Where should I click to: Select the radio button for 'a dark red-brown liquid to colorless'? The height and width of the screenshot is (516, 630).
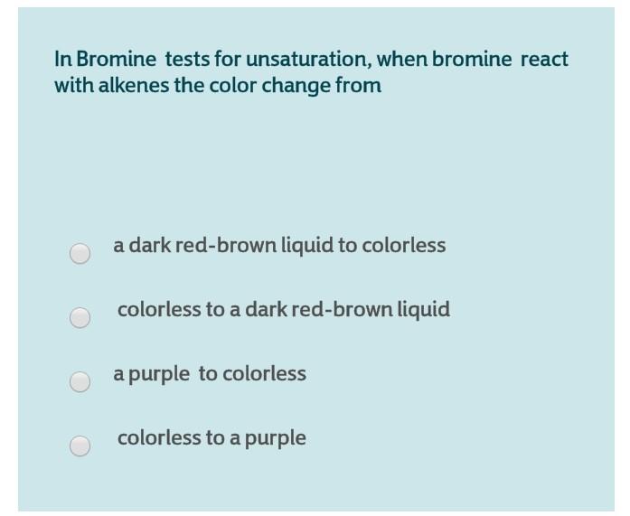pyautogui.click(x=80, y=253)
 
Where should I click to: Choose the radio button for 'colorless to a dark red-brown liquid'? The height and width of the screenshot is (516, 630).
pyautogui.click(x=80, y=317)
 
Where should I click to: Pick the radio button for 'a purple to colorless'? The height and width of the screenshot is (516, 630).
pyautogui.click(x=80, y=381)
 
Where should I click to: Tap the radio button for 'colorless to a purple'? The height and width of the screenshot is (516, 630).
pyautogui.click(x=80, y=446)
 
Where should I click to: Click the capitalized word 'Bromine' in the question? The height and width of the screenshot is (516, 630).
pyautogui.click(x=115, y=60)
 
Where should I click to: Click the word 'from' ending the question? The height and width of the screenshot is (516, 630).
pyautogui.click(x=361, y=86)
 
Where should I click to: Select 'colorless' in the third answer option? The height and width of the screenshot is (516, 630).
pyautogui.click(x=264, y=374)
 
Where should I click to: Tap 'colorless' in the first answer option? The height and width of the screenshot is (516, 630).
pyautogui.click(x=404, y=246)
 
